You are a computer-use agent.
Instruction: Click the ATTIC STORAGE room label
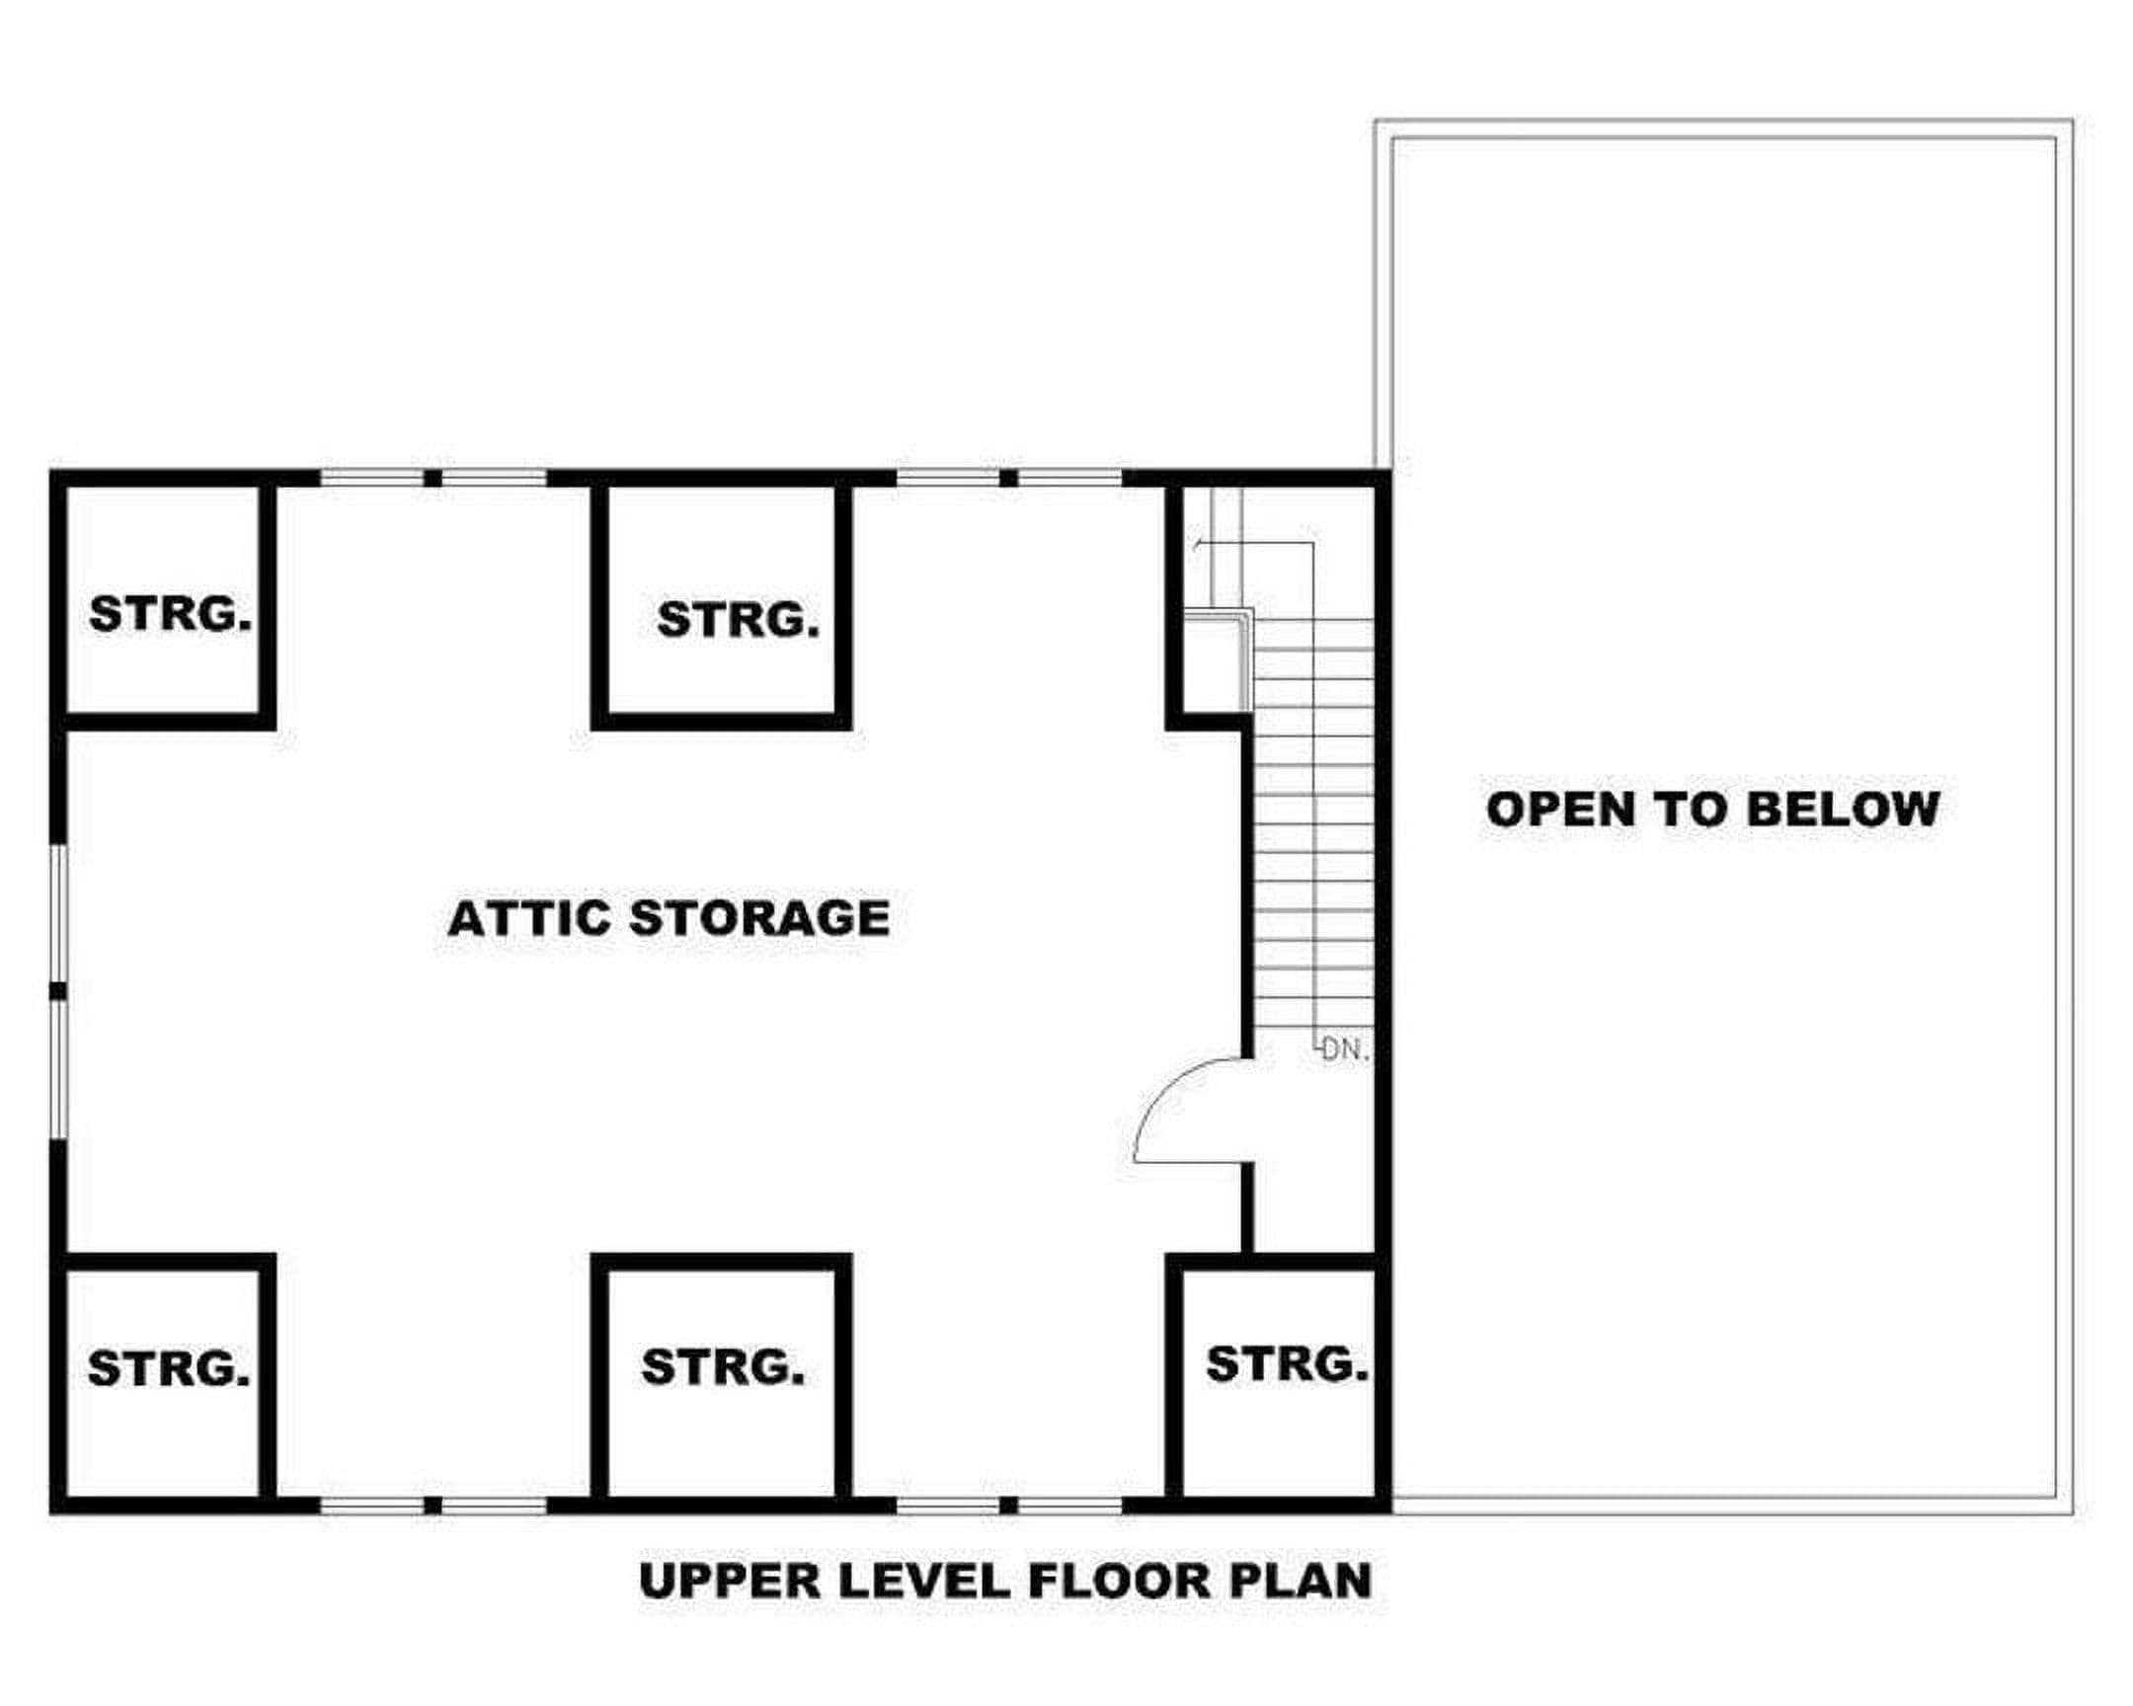click(x=669, y=918)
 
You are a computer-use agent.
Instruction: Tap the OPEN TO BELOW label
click(x=1712, y=809)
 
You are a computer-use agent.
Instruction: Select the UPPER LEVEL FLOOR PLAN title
click(x=1005, y=1581)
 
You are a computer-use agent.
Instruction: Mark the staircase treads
click(x=1313, y=822)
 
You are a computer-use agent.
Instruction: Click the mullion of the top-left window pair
click(x=433, y=479)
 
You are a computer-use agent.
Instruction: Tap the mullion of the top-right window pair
click(x=1008, y=479)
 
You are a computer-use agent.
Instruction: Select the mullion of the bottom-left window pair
click(x=433, y=1506)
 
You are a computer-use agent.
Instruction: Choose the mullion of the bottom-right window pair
click(x=1008, y=1506)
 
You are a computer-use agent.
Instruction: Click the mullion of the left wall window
click(x=58, y=991)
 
